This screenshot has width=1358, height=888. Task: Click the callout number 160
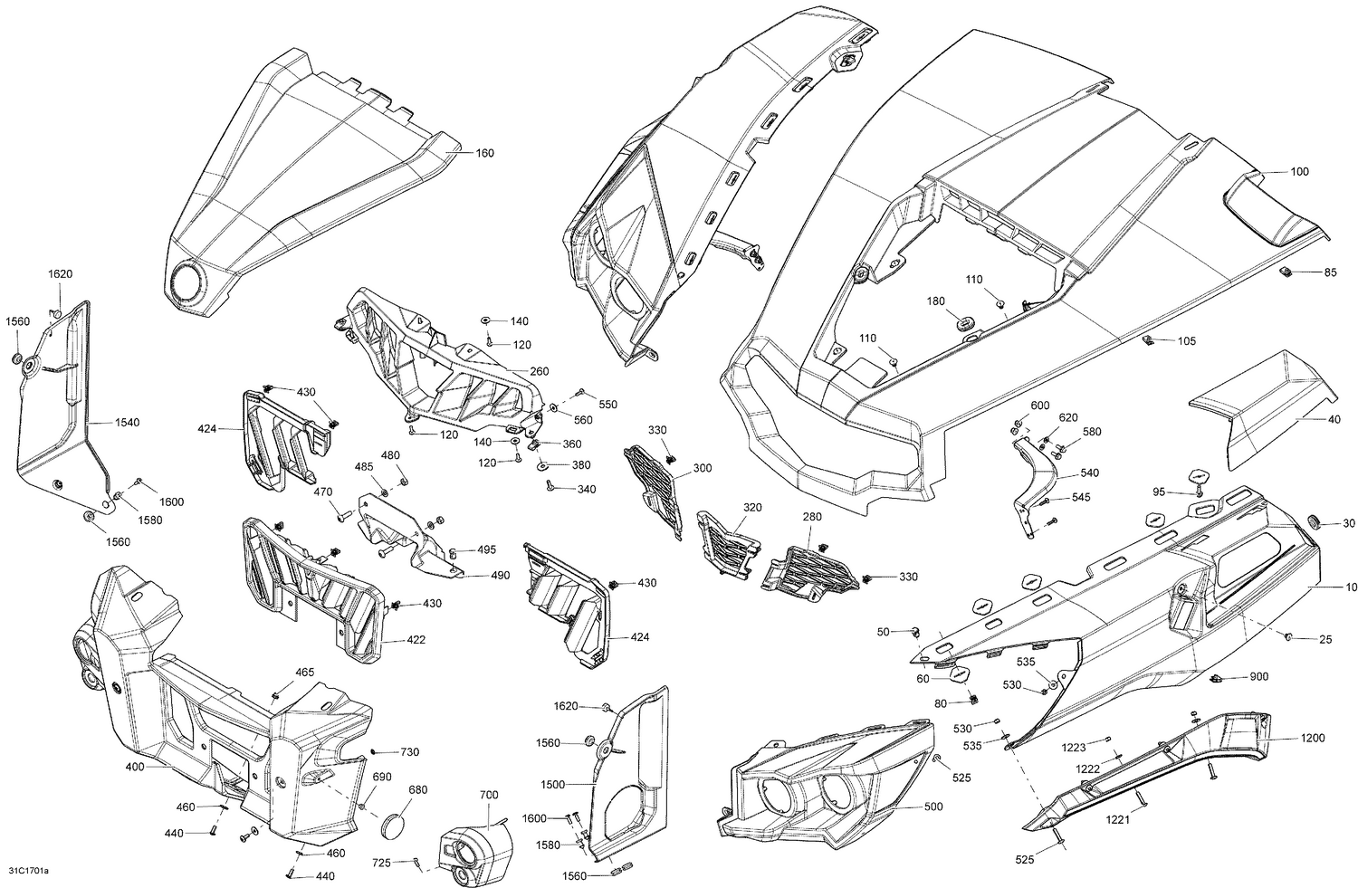pyautogui.click(x=484, y=153)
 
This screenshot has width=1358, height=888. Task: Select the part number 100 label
pyautogui.click(x=1299, y=171)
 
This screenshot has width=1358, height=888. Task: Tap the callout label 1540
pyautogui.click(x=127, y=423)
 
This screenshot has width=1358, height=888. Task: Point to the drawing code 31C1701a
pyautogui.click(x=29, y=871)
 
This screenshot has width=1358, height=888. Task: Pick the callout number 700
pyautogui.click(x=488, y=795)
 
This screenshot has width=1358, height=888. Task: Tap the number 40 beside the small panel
pyautogui.click(x=1309, y=419)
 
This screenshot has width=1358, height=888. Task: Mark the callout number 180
pyautogui.click(x=935, y=301)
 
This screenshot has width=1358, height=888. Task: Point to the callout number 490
pyautogui.click(x=500, y=575)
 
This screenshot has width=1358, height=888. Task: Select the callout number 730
pyautogui.click(x=409, y=752)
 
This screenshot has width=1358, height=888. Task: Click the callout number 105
pyautogui.click(x=1186, y=341)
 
